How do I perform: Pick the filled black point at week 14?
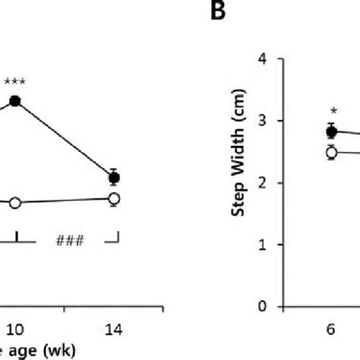(114, 178)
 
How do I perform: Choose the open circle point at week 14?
(114, 199)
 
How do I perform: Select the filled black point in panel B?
(331, 131)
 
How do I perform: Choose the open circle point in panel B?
(331, 153)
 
